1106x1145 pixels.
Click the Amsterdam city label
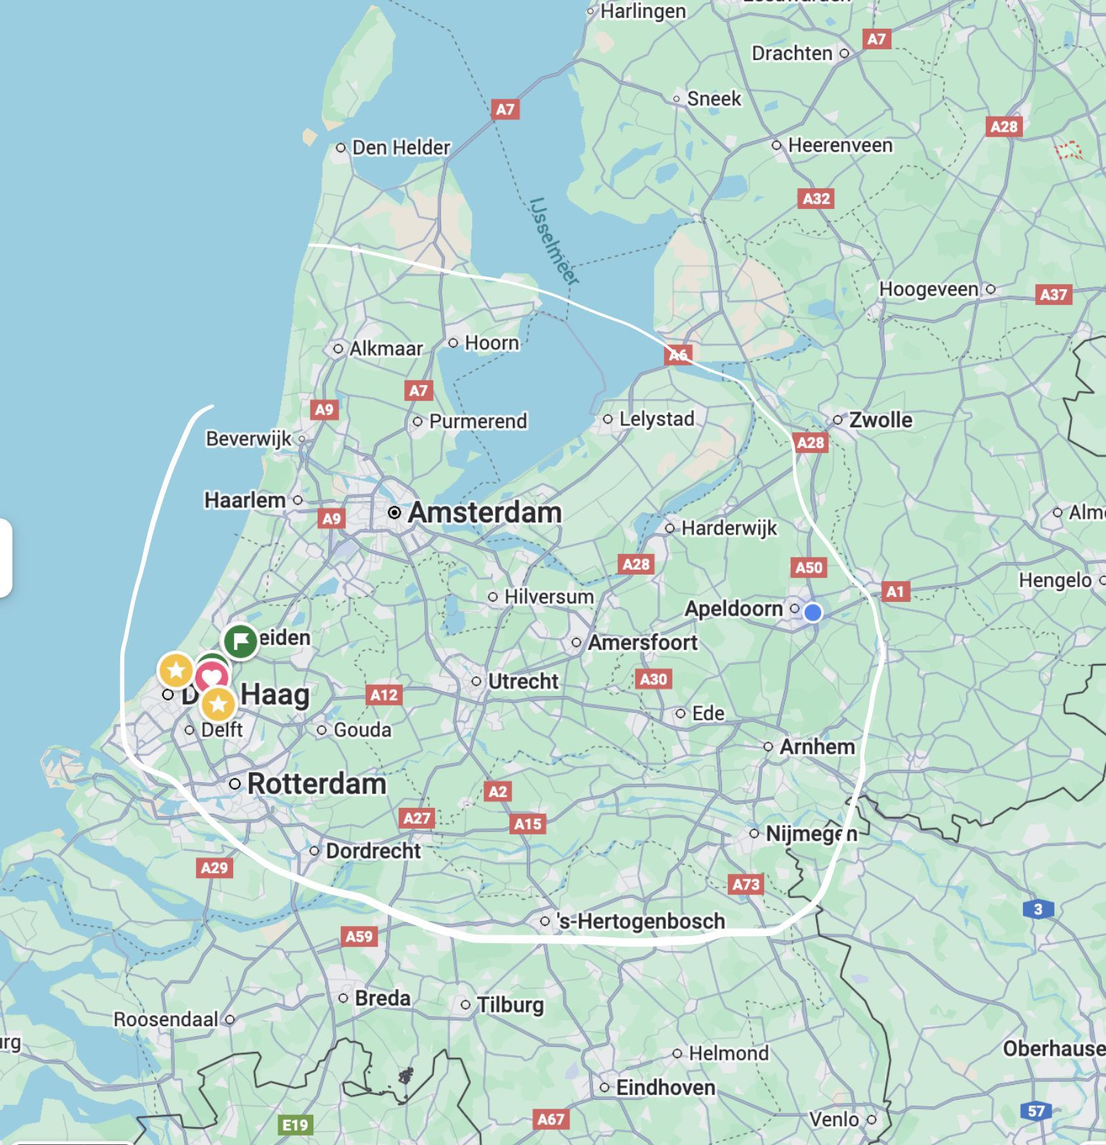484,512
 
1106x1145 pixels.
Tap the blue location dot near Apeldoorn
812,613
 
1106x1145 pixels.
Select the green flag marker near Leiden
240,641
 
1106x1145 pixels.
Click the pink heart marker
212,677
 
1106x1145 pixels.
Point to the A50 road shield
809,567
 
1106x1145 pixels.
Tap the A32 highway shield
816,198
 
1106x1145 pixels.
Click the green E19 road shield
295,1125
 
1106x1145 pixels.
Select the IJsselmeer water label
554,241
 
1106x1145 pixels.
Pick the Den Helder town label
401,147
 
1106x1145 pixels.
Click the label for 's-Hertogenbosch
640,921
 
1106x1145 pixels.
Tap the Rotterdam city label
316,784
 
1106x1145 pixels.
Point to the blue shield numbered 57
1036,1111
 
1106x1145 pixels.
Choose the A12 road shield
384,694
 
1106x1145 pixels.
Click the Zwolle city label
881,419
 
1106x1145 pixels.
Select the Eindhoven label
665,1088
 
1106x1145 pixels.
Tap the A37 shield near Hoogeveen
1054,294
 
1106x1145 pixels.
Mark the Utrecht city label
523,681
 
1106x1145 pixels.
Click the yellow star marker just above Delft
218,704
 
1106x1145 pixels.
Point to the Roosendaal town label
166,1019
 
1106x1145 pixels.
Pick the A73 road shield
745,885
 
